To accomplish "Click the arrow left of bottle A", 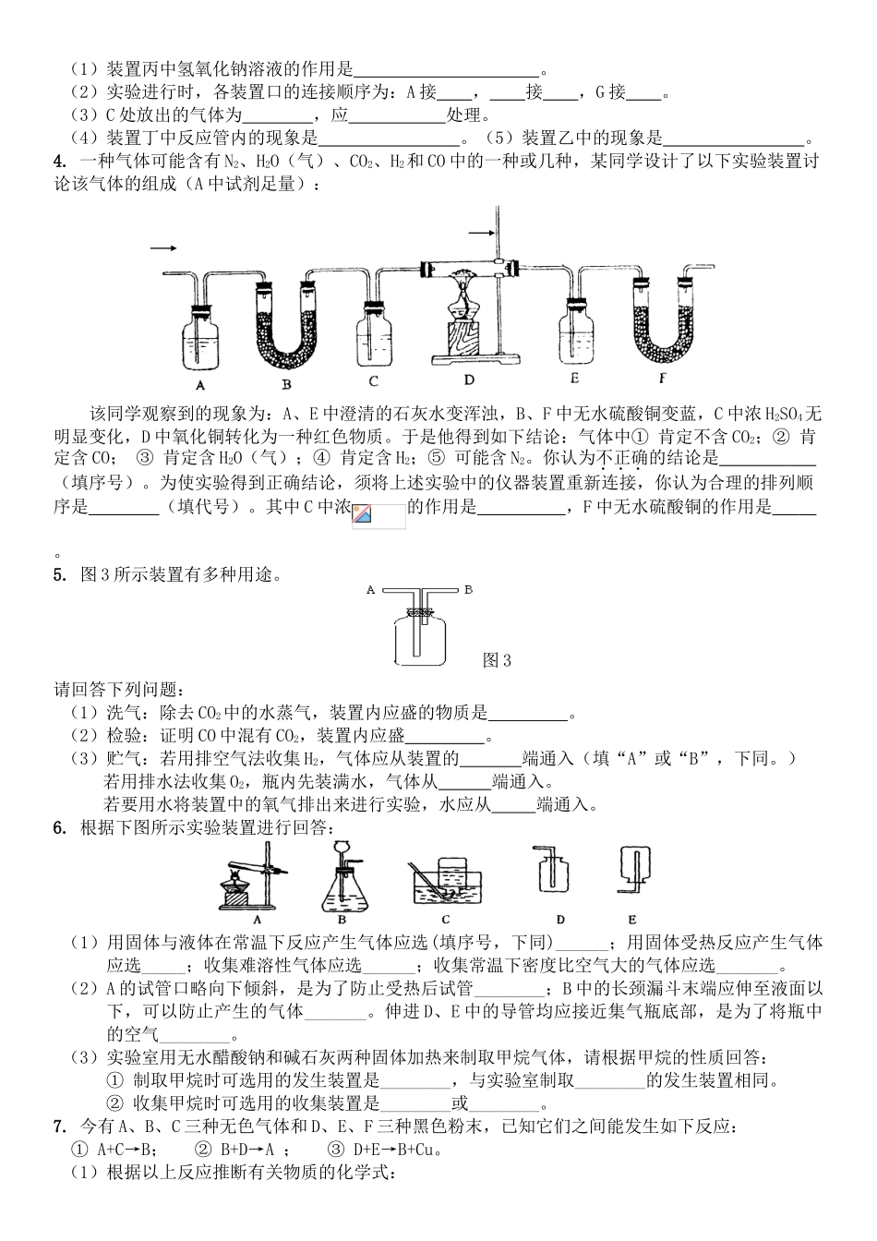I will click(162, 248).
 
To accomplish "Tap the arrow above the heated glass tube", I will click(482, 232).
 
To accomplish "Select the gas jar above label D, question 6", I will click(552, 873).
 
